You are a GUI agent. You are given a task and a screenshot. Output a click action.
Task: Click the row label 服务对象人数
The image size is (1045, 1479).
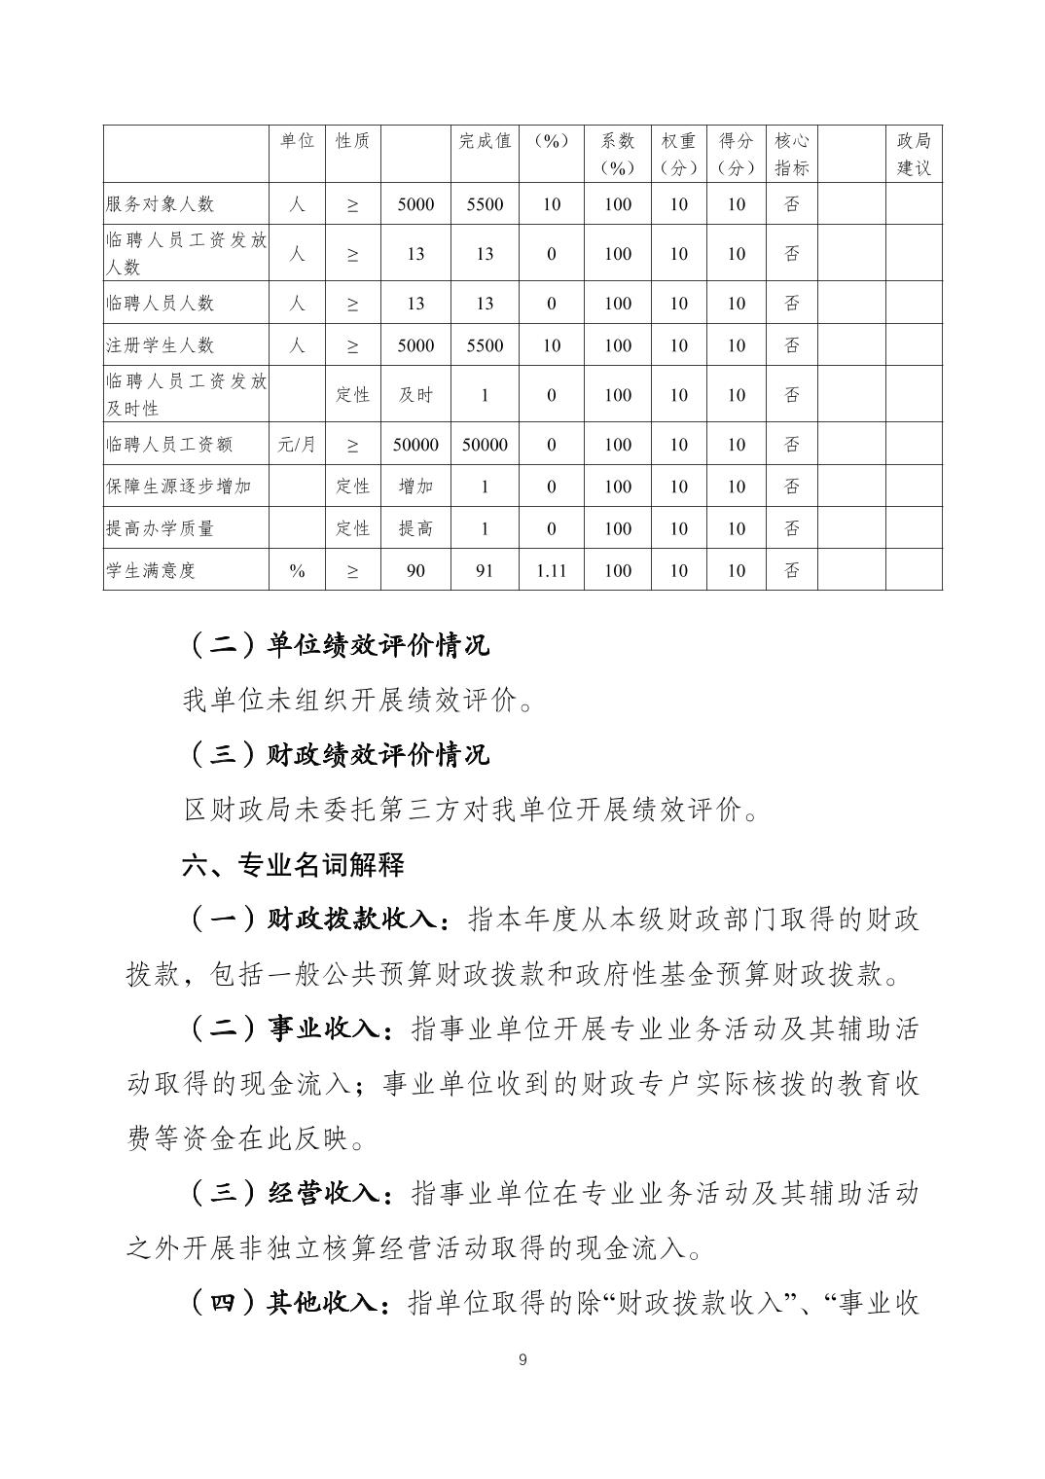coord(160,204)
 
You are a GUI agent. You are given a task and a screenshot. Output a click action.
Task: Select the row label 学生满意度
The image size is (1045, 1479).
coord(151,570)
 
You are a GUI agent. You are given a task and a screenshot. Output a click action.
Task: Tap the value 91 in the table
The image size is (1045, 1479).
coord(485,570)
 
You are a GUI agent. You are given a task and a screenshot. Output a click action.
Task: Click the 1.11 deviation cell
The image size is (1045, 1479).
coord(551,570)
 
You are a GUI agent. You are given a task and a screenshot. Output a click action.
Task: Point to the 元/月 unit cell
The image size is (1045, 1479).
coord(297,445)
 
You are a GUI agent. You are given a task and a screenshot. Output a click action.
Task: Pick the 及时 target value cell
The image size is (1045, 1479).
coord(415,395)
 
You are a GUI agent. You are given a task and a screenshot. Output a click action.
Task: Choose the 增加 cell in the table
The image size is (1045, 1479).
coord(415,487)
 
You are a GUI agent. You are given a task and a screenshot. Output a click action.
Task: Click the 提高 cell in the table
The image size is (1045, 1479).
coord(415,528)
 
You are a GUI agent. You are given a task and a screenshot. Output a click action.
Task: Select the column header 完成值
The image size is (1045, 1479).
coord(485,141)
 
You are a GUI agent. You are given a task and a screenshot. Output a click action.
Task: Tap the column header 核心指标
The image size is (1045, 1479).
coord(792,154)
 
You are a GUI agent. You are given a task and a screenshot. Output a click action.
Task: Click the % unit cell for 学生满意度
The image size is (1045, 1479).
coord(297,570)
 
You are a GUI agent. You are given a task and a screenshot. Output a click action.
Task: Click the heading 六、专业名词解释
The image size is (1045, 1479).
coord(293,864)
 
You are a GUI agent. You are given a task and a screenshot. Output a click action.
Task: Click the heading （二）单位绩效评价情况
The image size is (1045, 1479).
coord(336,644)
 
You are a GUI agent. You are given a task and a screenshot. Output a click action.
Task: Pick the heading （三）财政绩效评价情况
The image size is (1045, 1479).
coord(336,754)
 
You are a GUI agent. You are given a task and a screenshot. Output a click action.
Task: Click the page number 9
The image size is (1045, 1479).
coord(522,1359)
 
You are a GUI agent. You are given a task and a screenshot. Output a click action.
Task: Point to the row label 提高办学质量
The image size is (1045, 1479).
coord(160,528)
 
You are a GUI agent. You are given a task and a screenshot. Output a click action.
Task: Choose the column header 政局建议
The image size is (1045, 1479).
coord(914,154)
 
